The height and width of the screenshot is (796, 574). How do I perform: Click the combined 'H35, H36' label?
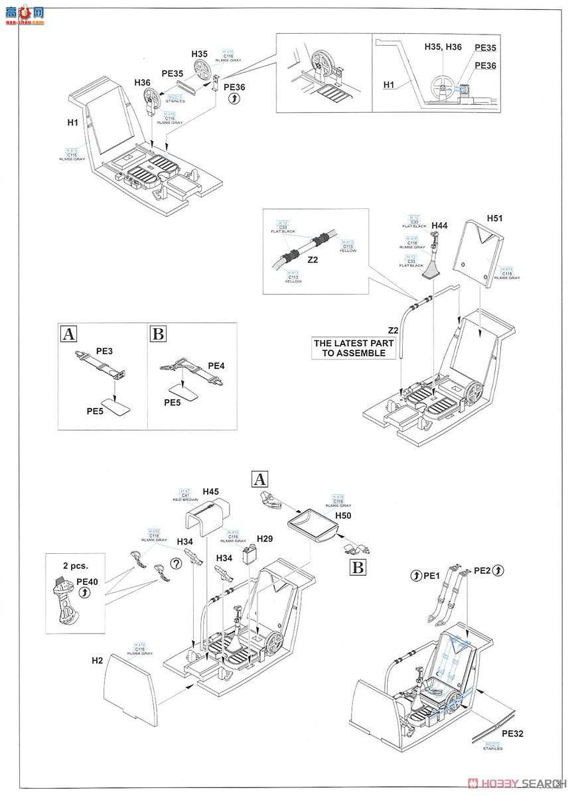click(443, 46)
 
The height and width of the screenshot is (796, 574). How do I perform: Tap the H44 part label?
click(439, 226)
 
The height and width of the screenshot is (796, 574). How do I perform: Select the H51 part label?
click(495, 218)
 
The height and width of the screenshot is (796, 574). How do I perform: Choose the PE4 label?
click(216, 365)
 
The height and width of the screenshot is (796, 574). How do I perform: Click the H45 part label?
click(211, 492)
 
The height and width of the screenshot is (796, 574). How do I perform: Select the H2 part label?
click(98, 661)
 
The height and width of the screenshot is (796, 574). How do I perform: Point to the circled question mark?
click(176, 564)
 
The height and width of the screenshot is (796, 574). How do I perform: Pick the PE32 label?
click(513, 733)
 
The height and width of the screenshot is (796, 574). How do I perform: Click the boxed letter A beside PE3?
click(68, 334)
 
